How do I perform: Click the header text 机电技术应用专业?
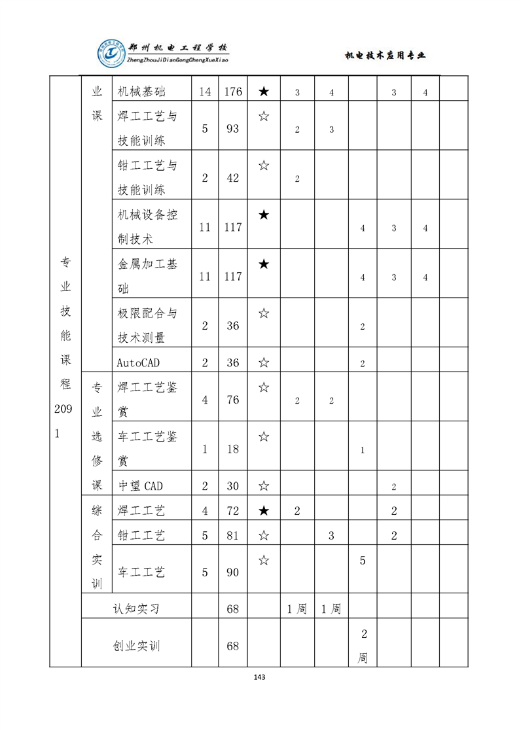point(385,56)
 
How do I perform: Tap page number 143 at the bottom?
point(259,676)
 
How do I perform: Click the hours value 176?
point(232,92)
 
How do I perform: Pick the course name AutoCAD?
point(138,362)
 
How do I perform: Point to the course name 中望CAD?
point(140,485)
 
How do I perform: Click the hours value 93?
point(232,129)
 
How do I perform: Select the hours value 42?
point(232,178)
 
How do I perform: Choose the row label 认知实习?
point(136,609)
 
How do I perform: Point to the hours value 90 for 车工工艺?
point(232,572)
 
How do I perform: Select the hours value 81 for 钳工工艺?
point(232,536)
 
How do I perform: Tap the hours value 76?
point(232,400)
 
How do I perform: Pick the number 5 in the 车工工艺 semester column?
point(363,561)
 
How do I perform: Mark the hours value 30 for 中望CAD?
point(232,486)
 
